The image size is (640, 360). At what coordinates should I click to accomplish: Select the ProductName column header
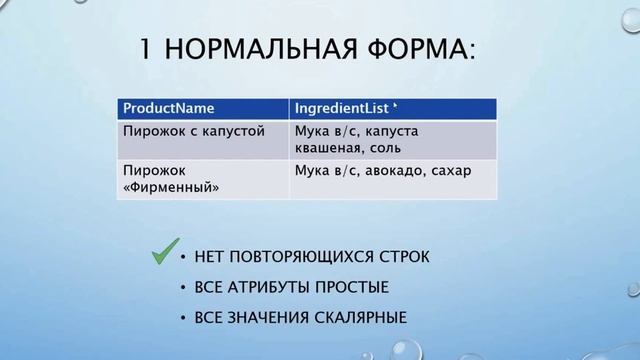[169, 107]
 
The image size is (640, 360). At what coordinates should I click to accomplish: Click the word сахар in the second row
[450, 170]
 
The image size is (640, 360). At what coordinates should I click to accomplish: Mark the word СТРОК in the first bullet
[405, 257]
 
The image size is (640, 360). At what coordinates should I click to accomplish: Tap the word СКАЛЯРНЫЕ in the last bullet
[357, 319]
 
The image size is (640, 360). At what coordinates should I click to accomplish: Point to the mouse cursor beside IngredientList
[396, 104]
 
